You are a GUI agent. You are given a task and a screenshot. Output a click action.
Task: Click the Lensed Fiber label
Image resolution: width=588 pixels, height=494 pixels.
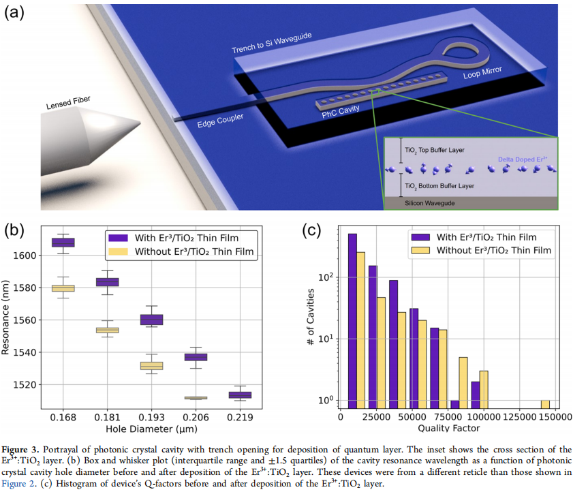click(68, 103)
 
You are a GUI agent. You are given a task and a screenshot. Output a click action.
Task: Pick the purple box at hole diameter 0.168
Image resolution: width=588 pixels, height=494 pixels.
click(63, 243)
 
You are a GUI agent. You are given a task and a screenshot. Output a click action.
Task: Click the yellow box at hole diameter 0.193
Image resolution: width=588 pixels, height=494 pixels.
click(151, 366)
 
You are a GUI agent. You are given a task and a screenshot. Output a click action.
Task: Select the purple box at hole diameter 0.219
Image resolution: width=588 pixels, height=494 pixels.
click(240, 395)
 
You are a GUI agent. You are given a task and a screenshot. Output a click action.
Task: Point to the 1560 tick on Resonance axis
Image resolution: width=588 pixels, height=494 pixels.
click(29, 320)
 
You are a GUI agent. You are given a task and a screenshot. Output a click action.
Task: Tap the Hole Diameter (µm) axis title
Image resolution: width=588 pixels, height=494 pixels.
click(151, 429)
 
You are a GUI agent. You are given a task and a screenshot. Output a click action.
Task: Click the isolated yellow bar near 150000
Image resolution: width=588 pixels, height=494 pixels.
click(545, 404)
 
